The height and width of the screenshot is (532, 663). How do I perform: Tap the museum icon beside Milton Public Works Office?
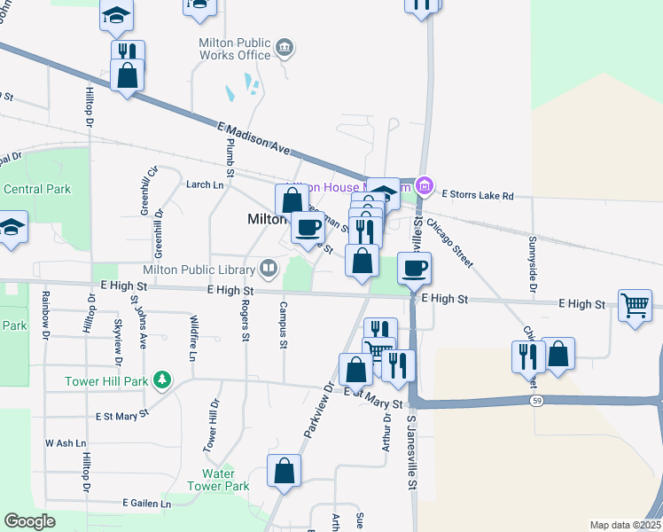click(x=285, y=47)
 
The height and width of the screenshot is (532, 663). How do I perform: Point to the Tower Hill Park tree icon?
click(x=161, y=381)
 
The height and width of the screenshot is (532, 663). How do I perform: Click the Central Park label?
click(x=36, y=189)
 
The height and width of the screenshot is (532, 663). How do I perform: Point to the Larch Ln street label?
click(x=205, y=184)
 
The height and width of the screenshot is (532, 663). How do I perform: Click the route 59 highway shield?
click(x=537, y=401)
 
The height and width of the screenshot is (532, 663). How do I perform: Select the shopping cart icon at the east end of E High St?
click(x=636, y=305)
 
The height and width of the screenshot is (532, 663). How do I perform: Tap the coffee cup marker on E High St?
click(x=414, y=268)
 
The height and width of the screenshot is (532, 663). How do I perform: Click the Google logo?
click(x=30, y=521)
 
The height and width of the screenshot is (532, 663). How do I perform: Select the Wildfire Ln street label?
click(x=191, y=341)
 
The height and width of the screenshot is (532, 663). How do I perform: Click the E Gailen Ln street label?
click(x=146, y=504)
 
